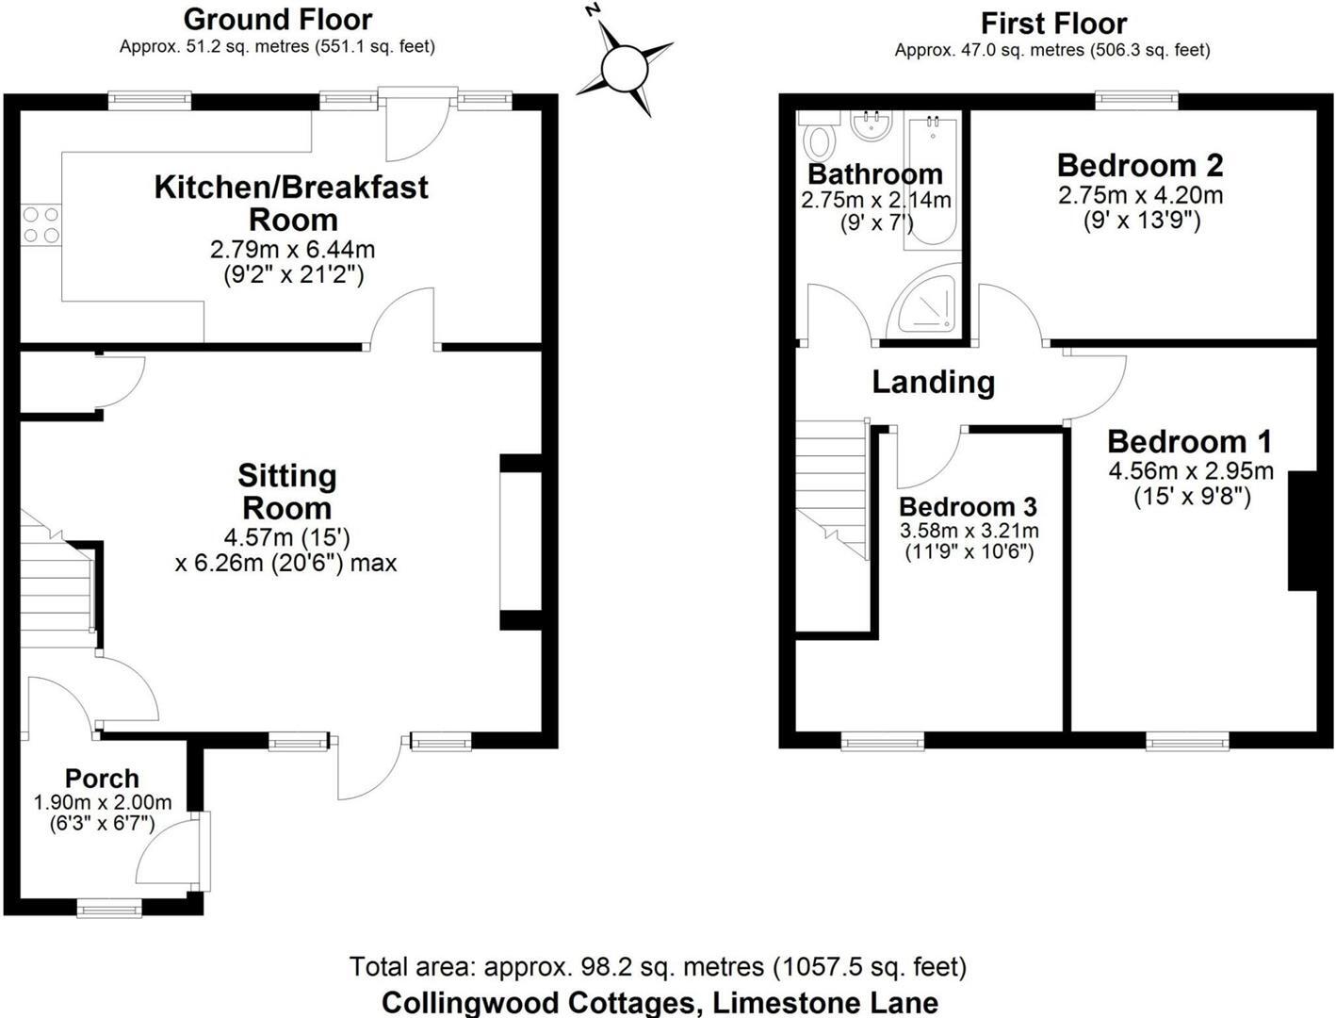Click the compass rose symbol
point(624,67)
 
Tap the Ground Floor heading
point(277,19)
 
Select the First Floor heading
point(1052,23)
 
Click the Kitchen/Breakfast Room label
point(291,203)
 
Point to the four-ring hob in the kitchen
point(41,225)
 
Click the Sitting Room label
point(286,491)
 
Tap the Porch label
point(102,779)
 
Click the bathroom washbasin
point(872,126)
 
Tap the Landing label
point(933,382)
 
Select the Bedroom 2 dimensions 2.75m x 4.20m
point(1140,196)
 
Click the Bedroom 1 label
point(1189,441)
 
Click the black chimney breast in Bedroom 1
point(1303,531)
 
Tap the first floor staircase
point(831,490)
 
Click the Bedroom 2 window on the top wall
point(1136,96)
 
